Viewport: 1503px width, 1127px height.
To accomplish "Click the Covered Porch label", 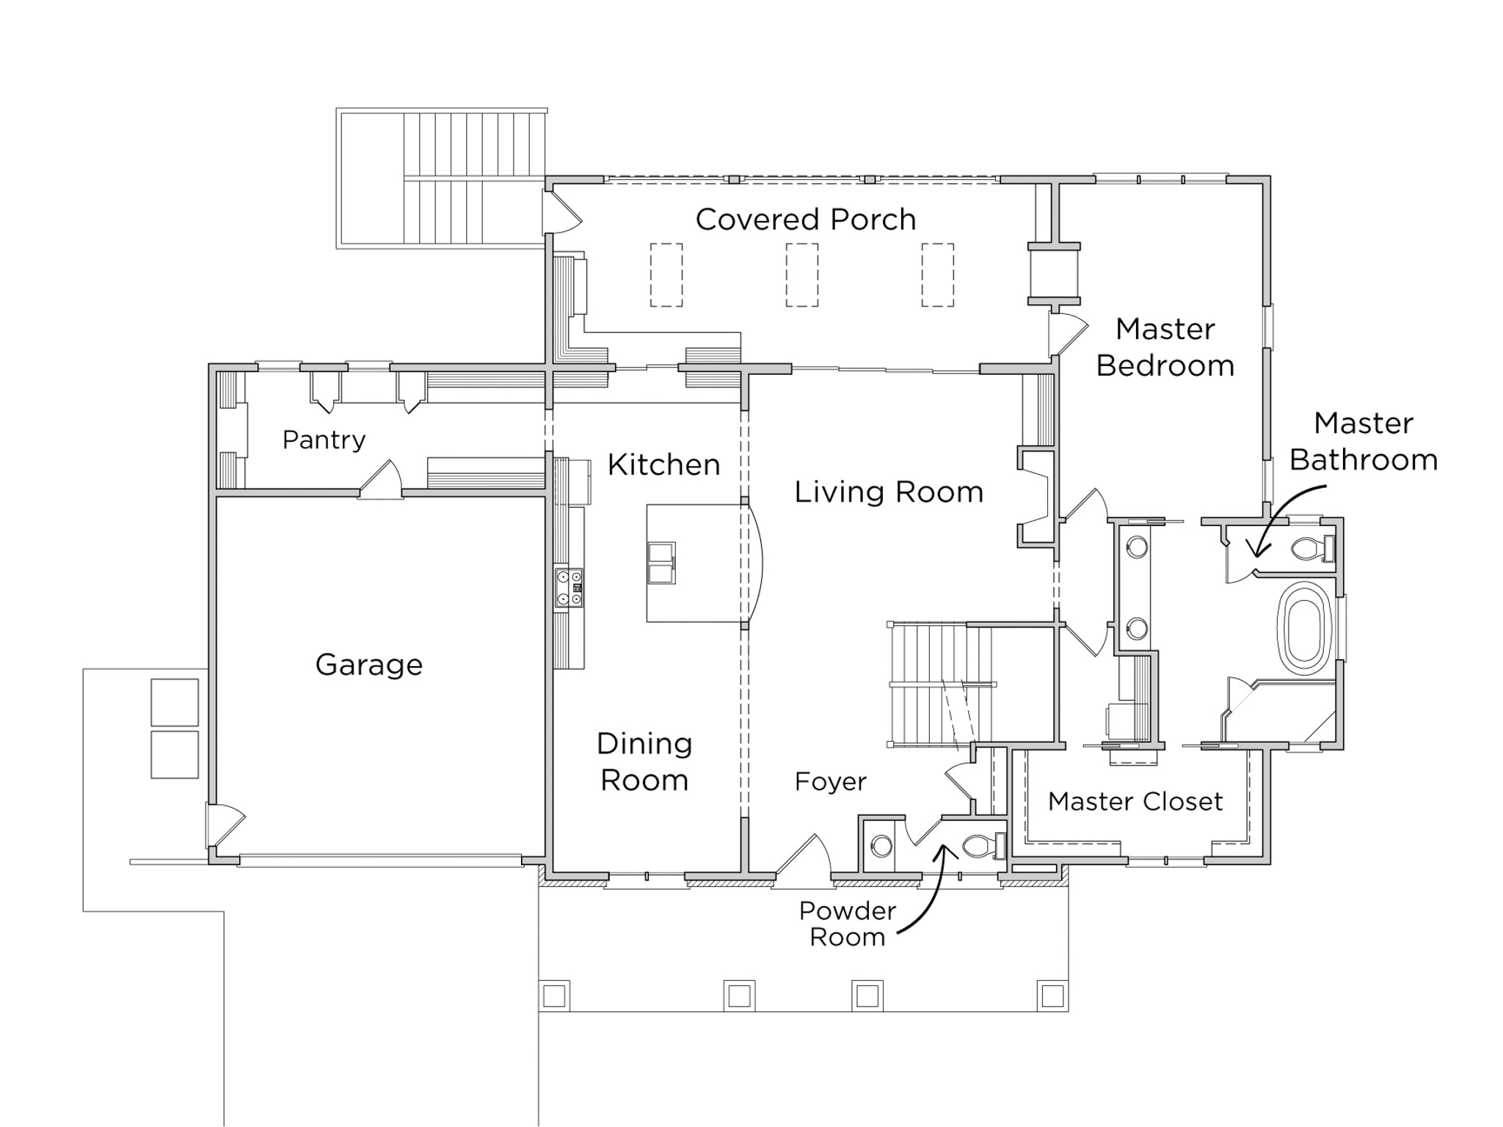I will click(805, 219).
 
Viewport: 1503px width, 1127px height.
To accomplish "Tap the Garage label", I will click(368, 665).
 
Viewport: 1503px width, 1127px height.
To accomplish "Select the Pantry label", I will click(324, 440).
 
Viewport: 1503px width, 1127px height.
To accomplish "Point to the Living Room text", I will click(888, 492).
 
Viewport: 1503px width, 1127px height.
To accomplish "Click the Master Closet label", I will click(1135, 801).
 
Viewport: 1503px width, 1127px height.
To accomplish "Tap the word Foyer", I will click(830, 781).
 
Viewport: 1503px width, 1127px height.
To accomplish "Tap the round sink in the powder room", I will click(881, 847).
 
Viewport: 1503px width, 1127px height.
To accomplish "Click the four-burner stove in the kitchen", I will click(569, 588).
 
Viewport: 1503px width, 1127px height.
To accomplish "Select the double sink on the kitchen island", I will click(660, 563).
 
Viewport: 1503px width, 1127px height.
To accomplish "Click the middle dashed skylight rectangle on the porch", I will click(801, 275).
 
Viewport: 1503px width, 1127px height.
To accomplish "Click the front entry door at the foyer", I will click(802, 857).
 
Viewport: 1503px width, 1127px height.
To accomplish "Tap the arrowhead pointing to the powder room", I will click(946, 851).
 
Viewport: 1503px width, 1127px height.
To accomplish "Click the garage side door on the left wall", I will click(224, 825).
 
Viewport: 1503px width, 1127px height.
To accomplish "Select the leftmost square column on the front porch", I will click(554, 996).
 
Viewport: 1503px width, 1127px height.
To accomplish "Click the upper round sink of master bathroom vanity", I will click(1137, 547).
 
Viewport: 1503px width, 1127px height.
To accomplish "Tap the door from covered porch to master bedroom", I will click(1066, 334).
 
